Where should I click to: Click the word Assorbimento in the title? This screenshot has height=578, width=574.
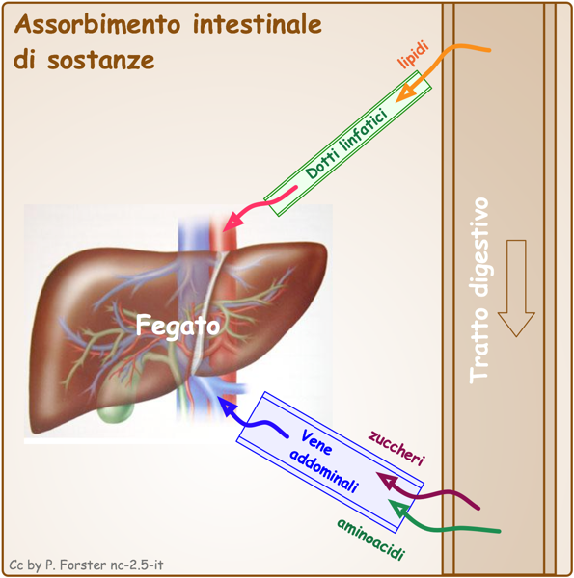[x=97, y=25]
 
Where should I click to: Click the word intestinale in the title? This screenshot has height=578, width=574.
[x=258, y=24]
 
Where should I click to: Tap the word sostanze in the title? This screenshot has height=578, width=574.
[x=100, y=60]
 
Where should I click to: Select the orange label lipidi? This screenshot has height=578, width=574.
[x=414, y=55]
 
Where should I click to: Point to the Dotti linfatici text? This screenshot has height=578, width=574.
[x=347, y=144]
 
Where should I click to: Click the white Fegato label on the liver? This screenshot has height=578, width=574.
[x=178, y=326]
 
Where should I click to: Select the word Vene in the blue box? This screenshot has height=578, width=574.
[x=316, y=442]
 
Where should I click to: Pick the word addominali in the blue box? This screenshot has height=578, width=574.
[x=324, y=471]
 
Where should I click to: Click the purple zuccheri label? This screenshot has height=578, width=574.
[x=396, y=448]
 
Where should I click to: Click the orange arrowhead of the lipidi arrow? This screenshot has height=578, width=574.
[x=405, y=92]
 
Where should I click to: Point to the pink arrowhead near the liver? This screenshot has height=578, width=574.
[x=232, y=222]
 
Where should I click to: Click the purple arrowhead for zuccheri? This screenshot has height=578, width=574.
[x=387, y=481]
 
